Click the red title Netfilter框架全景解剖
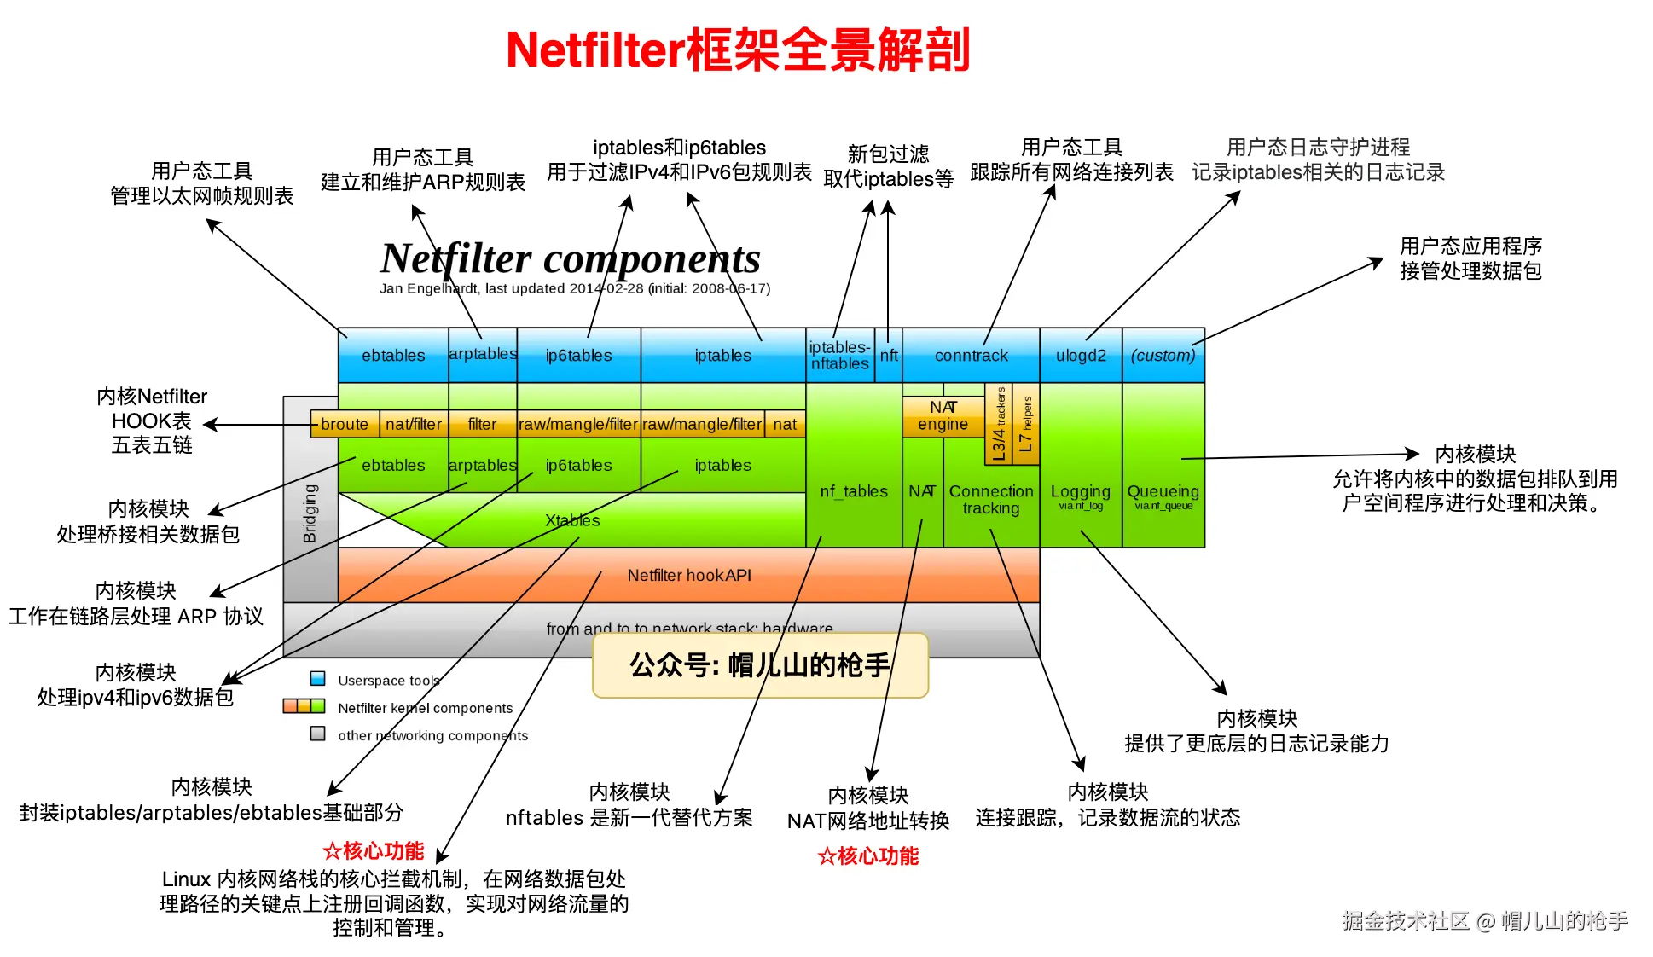(x=738, y=49)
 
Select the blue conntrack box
(x=971, y=356)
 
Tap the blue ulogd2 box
(x=1081, y=356)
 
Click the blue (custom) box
(x=1163, y=356)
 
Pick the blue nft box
(x=889, y=356)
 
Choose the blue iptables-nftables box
(x=839, y=356)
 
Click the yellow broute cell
(x=344, y=424)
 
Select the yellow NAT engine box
(x=942, y=416)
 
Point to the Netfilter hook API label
(x=689, y=576)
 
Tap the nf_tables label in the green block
(x=853, y=491)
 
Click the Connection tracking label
(x=991, y=500)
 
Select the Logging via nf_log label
(x=1081, y=496)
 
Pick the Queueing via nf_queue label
(x=1163, y=496)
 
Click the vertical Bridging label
(x=310, y=513)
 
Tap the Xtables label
(x=572, y=520)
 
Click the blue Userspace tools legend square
(x=318, y=679)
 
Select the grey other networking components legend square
(x=318, y=734)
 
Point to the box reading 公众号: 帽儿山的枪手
(x=760, y=665)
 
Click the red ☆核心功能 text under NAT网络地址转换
(x=867, y=855)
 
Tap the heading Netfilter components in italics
(x=570, y=258)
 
